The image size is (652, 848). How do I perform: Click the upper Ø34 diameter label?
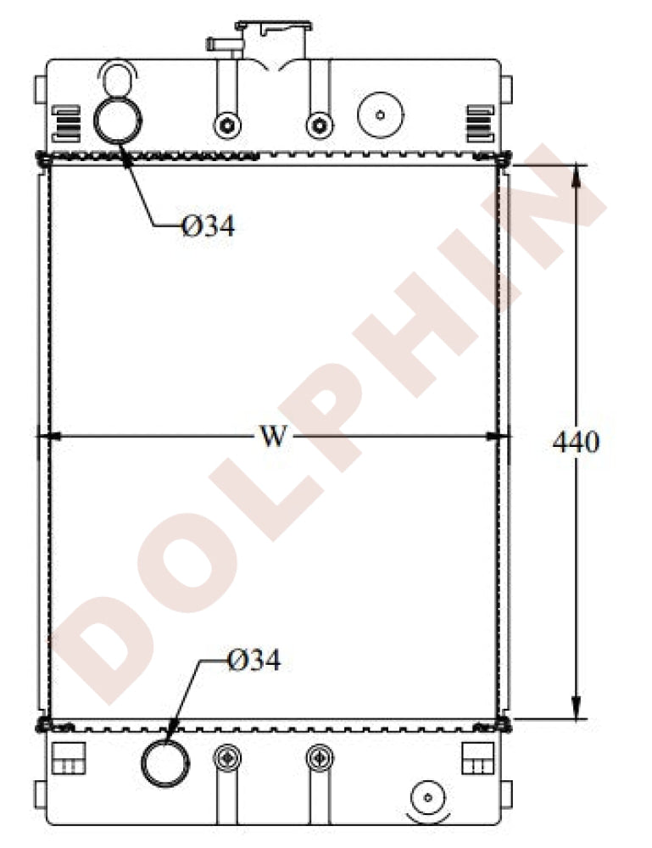coord(207,226)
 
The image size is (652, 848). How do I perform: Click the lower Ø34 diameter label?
coord(254,661)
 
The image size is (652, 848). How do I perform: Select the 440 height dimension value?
coord(576,441)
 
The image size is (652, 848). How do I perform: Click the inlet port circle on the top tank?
coord(115,121)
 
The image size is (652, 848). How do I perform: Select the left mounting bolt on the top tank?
coord(226,126)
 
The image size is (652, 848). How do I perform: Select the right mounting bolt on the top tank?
coord(319,126)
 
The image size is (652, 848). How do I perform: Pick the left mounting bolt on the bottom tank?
coord(226,756)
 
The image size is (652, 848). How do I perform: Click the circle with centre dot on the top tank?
coord(379,114)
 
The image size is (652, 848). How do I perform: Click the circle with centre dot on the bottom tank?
coord(428,798)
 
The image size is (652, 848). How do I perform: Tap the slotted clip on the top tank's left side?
coord(65,123)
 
